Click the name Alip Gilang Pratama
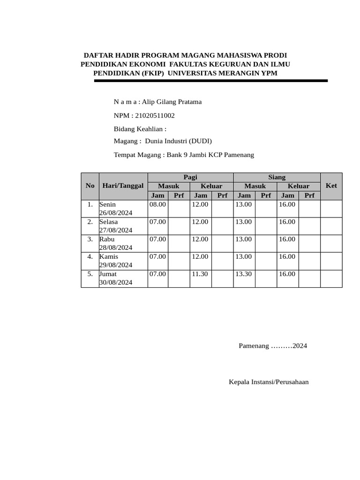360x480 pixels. click(172, 102)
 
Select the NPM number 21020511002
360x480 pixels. click(155, 115)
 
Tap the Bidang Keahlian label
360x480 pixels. click(140, 129)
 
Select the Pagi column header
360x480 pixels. click(190, 177)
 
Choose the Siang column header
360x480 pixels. click(277, 177)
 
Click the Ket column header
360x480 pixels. click(331, 186)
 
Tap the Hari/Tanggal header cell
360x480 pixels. click(123, 186)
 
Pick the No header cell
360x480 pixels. click(90, 186)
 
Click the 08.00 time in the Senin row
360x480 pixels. click(157, 204)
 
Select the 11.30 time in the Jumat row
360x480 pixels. click(200, 274)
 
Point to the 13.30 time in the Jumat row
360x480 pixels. click(243, 274)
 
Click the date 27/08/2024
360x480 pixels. click(116, 230)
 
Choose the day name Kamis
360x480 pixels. click(109, 256)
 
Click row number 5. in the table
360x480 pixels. click(90, 274)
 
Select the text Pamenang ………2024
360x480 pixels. click(273, 346)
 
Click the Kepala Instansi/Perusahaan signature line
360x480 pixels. click(269, 382)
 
